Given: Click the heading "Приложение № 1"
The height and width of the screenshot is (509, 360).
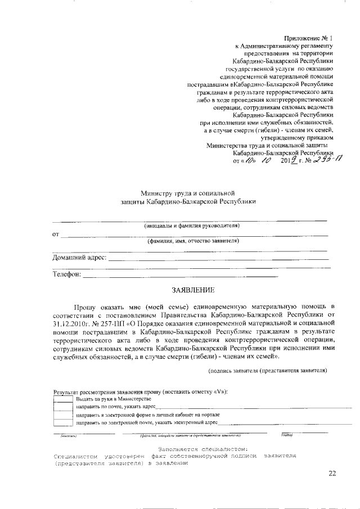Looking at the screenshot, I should coord(309,37).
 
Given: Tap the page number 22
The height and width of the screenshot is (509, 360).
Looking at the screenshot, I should coord(332,474).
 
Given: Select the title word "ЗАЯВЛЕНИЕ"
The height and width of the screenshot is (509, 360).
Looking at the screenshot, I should coord(193,291).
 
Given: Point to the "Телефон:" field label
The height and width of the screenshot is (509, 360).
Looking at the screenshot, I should coord(67,274).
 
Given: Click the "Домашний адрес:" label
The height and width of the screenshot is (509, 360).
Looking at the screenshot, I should coord(79,258).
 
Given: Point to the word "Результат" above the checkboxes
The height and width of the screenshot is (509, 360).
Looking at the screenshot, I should coord(66,391).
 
